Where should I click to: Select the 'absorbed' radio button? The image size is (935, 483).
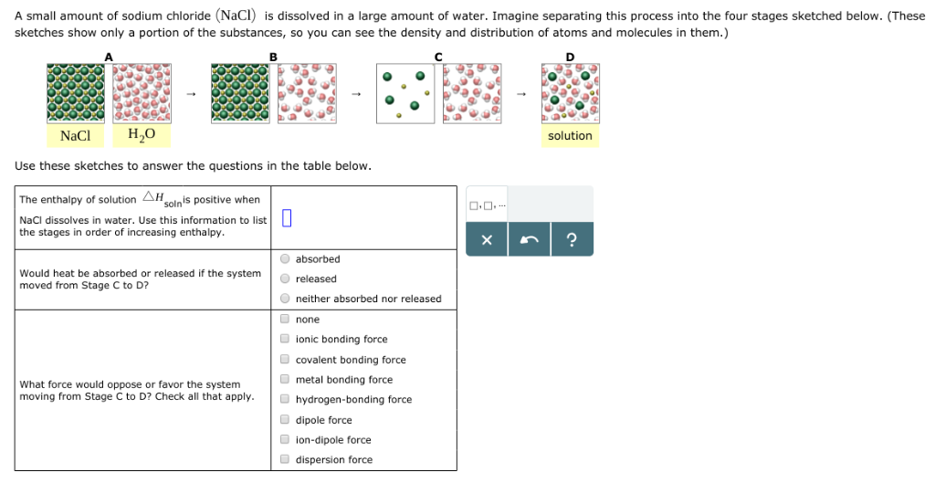(286, 259)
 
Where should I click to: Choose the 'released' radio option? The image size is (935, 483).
(286, 279)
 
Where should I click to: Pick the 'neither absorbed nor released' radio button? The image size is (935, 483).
(286, 299)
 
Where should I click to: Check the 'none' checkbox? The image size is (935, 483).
(286, 320)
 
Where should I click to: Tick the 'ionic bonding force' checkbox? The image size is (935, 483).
(286, 340)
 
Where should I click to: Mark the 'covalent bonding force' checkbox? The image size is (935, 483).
(286, 360)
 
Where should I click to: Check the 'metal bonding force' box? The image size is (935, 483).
(286, 380)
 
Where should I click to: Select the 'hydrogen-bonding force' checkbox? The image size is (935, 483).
(286, 400)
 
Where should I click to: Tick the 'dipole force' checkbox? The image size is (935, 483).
(286, 420)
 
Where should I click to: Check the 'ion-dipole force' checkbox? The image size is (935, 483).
(286, 440)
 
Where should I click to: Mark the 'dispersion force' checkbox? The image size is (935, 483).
(286, 460)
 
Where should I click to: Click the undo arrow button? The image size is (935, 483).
(530, 240)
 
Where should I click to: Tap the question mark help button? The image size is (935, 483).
(572, 240)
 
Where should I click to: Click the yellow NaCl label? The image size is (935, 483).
(76, 136)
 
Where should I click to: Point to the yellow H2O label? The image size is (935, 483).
(142, 136)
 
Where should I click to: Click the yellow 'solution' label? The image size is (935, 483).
(570, 136)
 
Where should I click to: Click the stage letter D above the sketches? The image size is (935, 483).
(571, 57)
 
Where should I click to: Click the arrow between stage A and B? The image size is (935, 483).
(191, 93)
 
